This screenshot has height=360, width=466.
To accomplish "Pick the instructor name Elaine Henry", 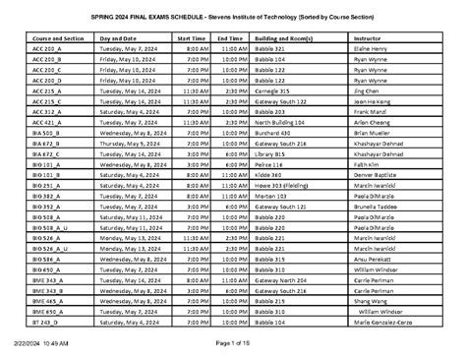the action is tap(369, 48).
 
